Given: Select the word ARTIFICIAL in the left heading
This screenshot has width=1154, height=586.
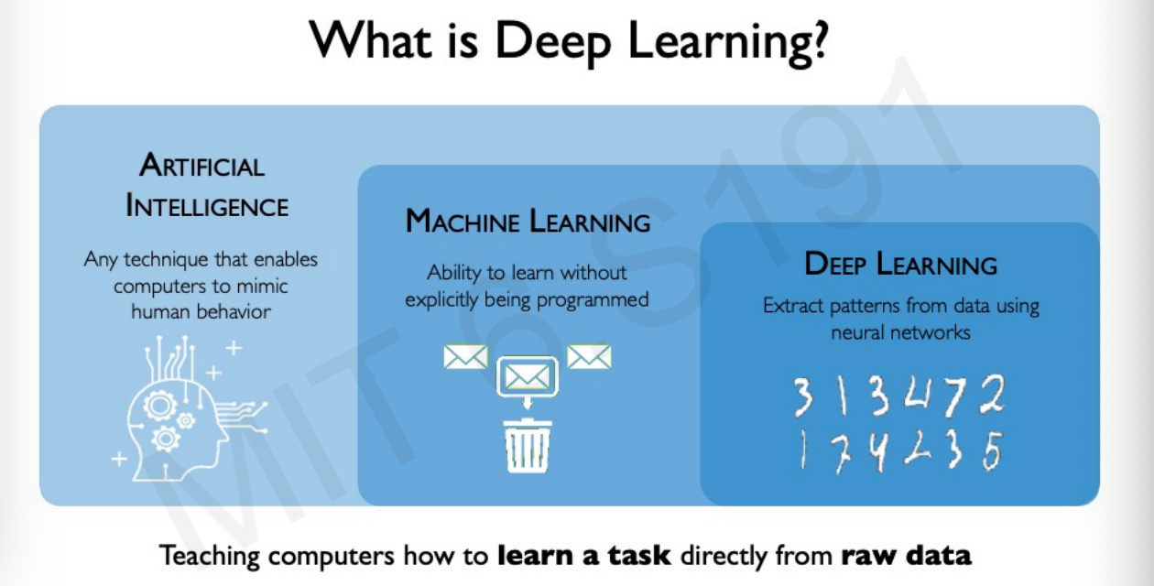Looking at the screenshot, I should [202, 166].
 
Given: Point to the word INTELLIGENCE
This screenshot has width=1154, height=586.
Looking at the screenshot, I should [207, 206].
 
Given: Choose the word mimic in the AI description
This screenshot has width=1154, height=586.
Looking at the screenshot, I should [263, 286].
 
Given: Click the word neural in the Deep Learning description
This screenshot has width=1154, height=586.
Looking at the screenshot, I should [863, 332].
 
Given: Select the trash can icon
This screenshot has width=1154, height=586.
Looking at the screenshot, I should [528, 446].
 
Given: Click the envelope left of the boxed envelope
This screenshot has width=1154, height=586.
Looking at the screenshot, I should [465, 356].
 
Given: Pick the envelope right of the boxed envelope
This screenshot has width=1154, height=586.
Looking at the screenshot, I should [589, 356].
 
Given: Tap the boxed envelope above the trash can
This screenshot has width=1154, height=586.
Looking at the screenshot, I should [528, 375].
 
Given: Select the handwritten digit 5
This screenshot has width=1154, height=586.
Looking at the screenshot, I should [991, 452].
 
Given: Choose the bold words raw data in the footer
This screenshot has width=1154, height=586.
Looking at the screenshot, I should [906, 555].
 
